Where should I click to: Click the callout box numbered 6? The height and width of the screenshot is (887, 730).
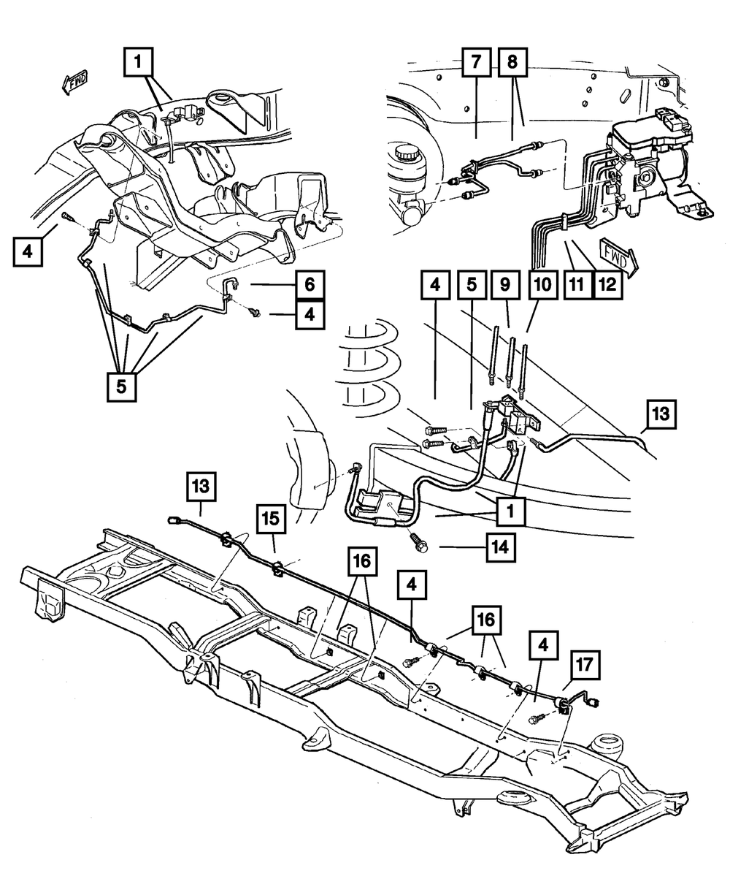click(310, 283)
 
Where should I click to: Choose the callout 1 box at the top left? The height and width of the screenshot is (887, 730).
click(138, 62)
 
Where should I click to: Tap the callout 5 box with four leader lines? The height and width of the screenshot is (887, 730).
click(121, 387)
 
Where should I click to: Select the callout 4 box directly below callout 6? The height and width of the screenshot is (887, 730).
click(310, 314)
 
